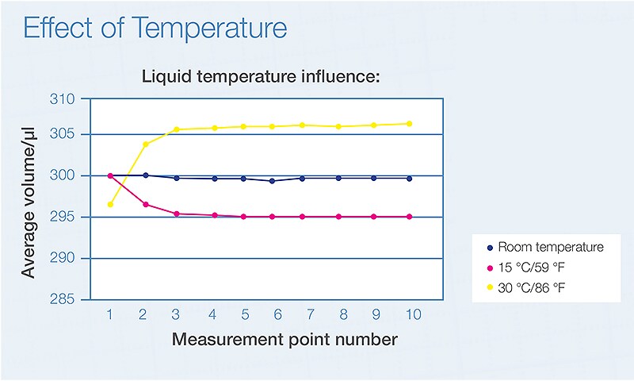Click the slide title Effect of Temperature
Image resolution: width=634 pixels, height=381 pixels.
[155, 29]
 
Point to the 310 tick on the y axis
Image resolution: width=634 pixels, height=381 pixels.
[71, 99]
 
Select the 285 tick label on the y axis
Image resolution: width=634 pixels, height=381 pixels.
[71, 300]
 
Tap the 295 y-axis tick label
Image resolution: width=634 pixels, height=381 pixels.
[71, 217]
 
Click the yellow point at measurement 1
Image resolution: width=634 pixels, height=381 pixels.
[110, 205]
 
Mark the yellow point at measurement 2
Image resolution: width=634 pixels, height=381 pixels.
[145, 144]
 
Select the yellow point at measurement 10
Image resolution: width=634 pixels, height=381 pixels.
[409, 124]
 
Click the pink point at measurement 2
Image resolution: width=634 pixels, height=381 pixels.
[145, 205]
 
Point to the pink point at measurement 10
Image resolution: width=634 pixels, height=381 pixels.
[409, 217]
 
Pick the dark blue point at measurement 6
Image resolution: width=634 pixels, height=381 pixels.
[273, 181]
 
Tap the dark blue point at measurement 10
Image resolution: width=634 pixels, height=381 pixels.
[409, 179]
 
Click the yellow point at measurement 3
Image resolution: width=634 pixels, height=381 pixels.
[177, 129]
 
